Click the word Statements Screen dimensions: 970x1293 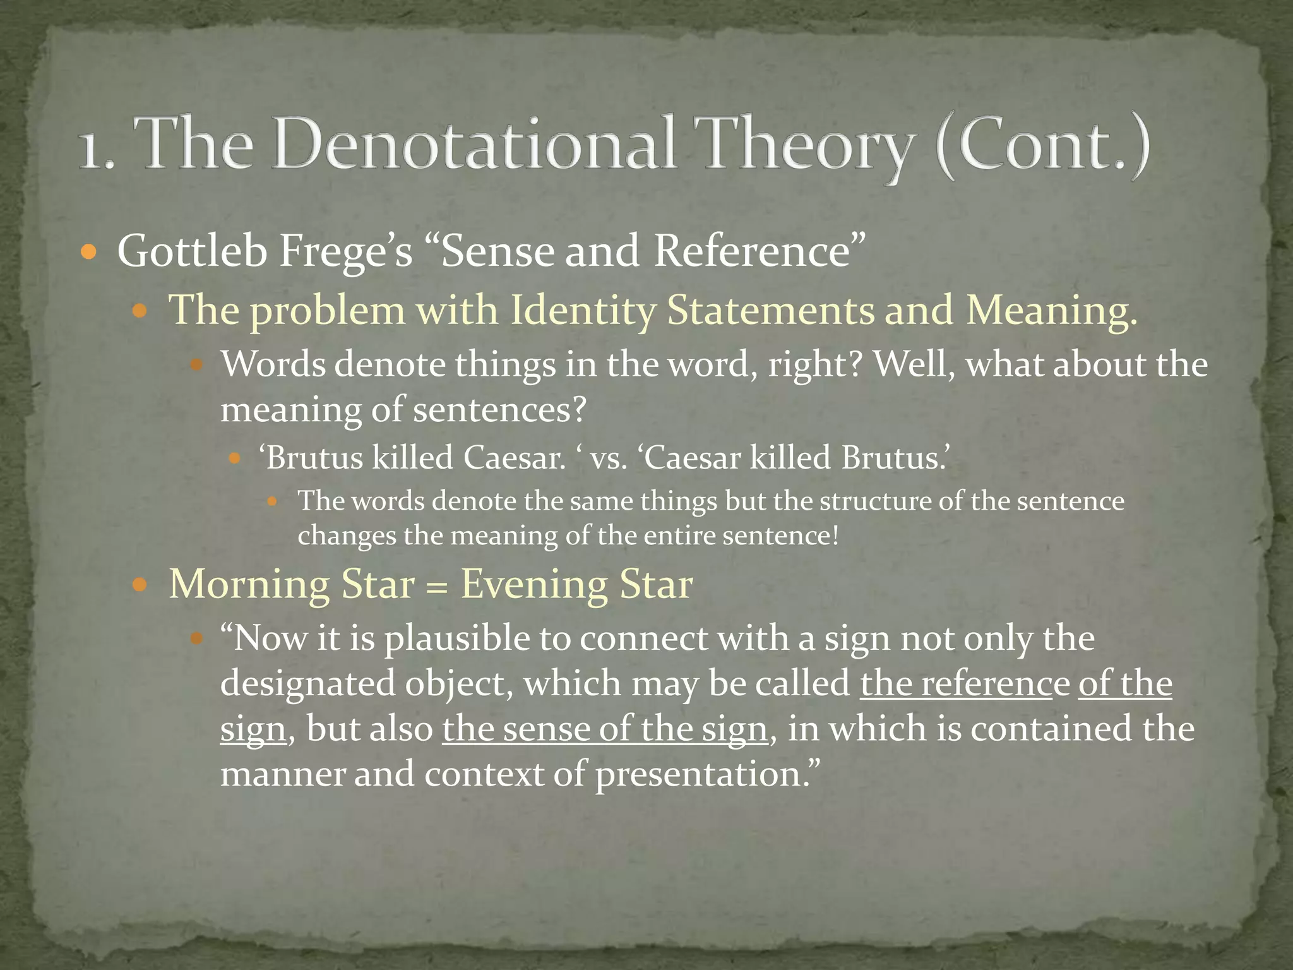[x=770, y=311]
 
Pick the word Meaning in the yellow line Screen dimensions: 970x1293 [x=1051, y=311]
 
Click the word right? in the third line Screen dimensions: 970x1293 [x=814, y=364]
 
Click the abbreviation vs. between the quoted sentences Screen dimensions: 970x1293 [x=609, y=458]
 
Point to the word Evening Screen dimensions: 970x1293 [x=534, y=584]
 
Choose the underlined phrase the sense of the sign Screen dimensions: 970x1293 [x=604, y=729]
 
